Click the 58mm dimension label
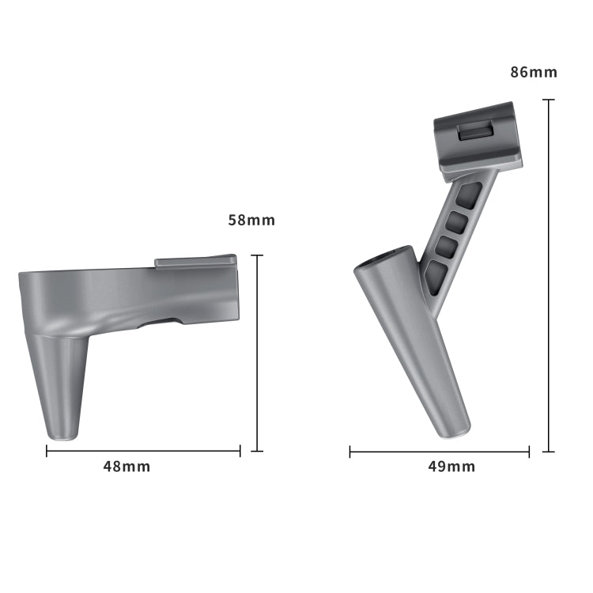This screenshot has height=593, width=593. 251,220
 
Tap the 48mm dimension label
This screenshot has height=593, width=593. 127,466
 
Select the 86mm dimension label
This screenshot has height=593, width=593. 534,72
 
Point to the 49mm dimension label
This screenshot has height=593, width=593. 451,466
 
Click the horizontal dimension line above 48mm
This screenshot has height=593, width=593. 143,451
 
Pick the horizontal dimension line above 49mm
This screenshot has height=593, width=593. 440,452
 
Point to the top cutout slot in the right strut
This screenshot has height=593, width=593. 468,194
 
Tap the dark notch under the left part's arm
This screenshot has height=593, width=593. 161,322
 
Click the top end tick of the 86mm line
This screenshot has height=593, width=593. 549,100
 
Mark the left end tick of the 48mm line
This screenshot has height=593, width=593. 47,451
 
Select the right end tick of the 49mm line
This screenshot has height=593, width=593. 529,452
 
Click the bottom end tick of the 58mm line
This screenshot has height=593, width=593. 256,451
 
